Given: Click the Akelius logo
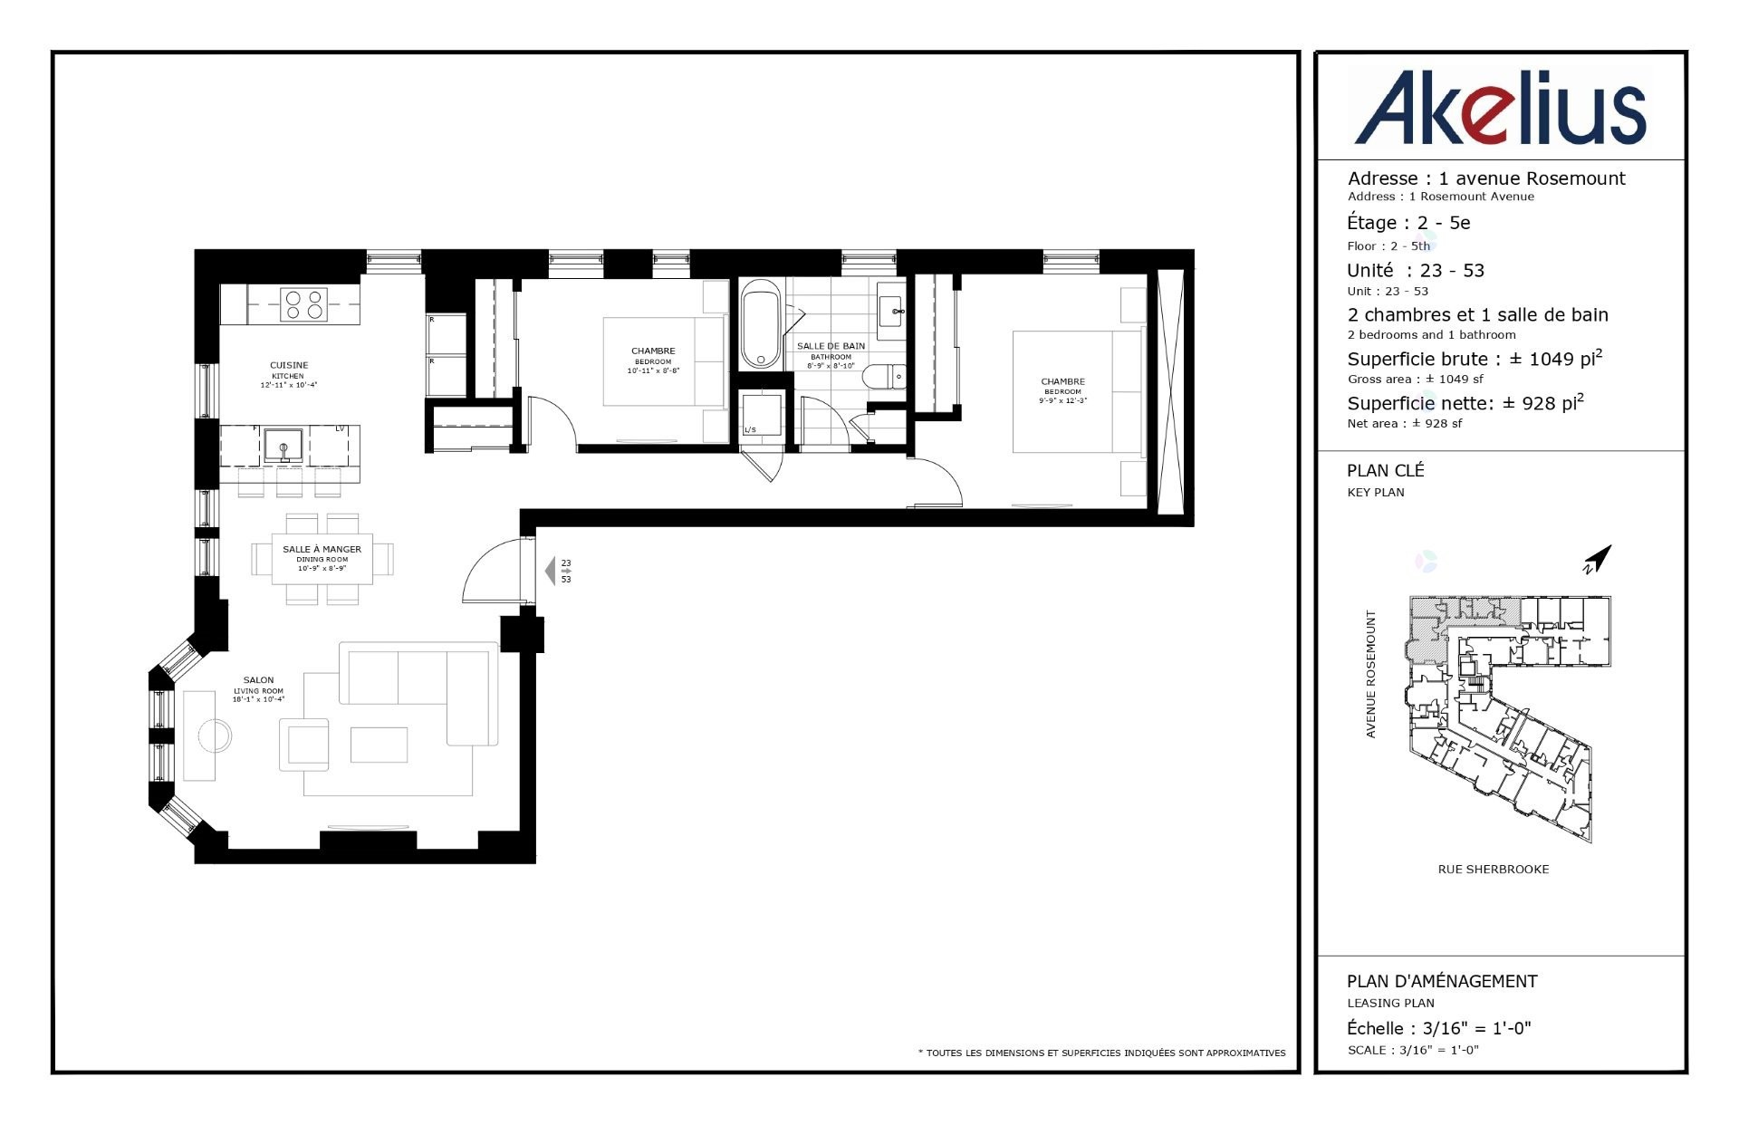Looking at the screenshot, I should (x=1500, y=108).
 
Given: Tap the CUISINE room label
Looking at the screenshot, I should (x=289, y=365).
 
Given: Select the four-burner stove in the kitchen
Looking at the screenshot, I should (x=303, y=303).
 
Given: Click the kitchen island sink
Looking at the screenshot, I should (x=283, y=447).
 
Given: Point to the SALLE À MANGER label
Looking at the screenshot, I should (x=322, y=549).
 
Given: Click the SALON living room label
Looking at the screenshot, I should (x=258, y=680).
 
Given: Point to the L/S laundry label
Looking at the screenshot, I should (x=750, y=429).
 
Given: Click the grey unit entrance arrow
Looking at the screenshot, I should (x=550, y=571).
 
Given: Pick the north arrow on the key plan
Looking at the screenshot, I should (x=1598, y=559).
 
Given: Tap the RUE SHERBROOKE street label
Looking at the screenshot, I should (x=1493, y=870).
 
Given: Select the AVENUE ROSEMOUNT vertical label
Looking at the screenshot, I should (x=1370, y=674).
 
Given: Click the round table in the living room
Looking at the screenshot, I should (x=216, y=736).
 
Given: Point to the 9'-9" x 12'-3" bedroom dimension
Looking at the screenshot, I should (x=1062, y=400).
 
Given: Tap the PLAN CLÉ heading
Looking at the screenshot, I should (x=1385, y=470).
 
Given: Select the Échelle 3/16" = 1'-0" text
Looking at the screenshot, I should (x=1438, y=1028).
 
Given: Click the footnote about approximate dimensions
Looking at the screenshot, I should (x=1101, y=1053).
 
